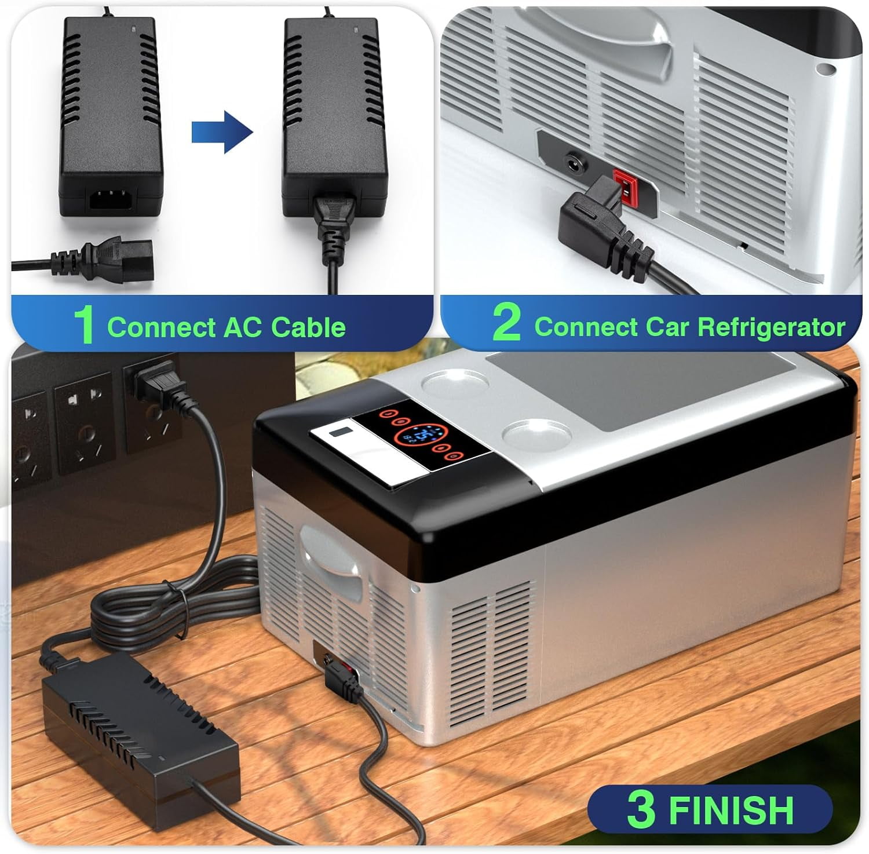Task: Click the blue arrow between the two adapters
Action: point(223,133)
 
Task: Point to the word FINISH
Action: point(731,809)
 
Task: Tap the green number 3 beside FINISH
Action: point(641,809)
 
